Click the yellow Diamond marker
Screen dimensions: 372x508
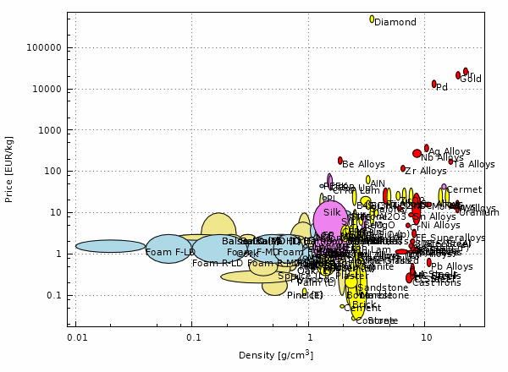tap(372, 19)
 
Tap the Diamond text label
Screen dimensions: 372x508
tap(395, 23)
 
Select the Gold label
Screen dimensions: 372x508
tap(471, 79)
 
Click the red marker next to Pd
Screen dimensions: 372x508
tap(434, 84)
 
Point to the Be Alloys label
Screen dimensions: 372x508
tap(363, 165)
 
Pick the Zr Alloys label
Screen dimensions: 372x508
tap(426, 172)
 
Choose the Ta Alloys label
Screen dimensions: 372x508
tap(474, 165)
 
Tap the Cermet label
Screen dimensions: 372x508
tap(464, 190)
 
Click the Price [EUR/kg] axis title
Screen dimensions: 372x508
tap(9, 169)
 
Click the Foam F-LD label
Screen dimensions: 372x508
tap(170, 253)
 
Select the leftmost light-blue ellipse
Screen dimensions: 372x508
tap(110, 246)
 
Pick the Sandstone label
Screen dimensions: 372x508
tap(384, 288)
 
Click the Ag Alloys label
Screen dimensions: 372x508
tap(450, 152)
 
